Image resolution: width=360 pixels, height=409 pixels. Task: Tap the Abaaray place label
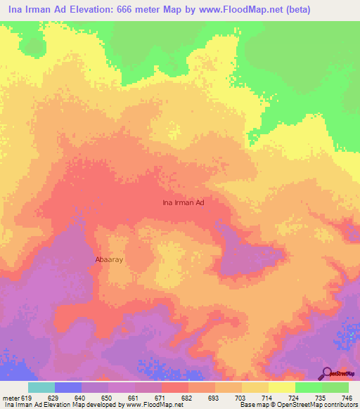(109, 259)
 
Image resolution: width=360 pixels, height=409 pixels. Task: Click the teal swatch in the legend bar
(41, 387)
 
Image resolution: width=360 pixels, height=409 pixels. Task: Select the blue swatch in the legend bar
(68, 387)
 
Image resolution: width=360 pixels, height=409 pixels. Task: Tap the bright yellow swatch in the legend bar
(282, 387)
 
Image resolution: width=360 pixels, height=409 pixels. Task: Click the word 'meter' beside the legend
(10, 398)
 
